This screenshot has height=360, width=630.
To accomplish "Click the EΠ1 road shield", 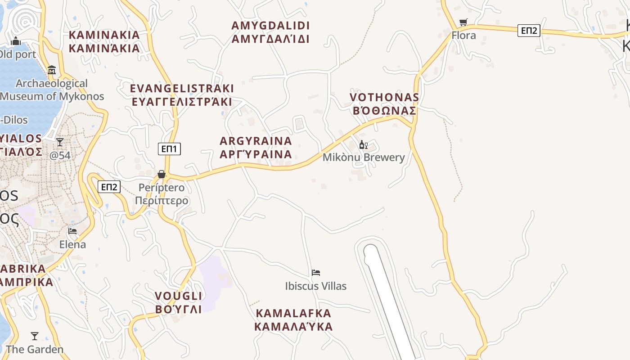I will (x=169, y=149).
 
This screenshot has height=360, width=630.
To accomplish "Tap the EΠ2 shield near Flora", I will (x=529, y=30).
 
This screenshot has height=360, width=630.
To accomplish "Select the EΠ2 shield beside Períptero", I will (x=109, y=187).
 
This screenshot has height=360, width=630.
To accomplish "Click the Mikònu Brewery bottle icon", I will (x=363, y=144).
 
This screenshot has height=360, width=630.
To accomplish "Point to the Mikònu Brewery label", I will (x=364, y=157).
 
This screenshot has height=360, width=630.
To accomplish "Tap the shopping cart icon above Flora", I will (x=463, y=22).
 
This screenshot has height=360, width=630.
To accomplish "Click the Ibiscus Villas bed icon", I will (x=316, y=272).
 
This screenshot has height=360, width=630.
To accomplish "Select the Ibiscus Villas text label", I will (x=316, y=286).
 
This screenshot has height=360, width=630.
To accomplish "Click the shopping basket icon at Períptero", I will (x=162, y=174).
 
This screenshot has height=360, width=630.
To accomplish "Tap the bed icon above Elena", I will (x=72, y=231).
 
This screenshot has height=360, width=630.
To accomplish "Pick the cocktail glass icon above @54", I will (x=60, y=142).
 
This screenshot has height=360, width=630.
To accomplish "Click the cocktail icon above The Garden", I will (x=35, y=336).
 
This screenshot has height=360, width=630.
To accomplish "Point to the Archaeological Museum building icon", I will (x=52, y=70).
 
